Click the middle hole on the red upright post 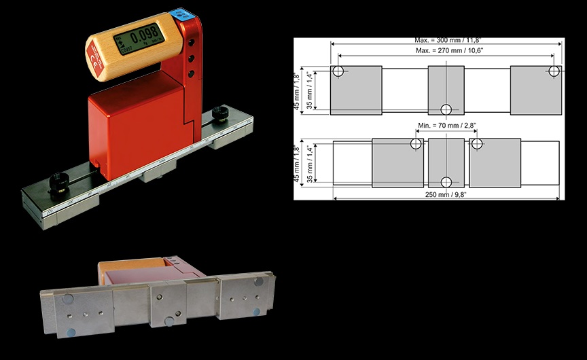(192, 58)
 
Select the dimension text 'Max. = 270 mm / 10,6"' (446, 51)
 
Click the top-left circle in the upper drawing (338, 71)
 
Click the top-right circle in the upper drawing (555, 71)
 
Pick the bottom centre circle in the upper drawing (446, 109)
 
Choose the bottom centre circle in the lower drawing (446, 181)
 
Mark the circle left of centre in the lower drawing (416, 144)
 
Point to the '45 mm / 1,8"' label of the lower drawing (298, 162)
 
